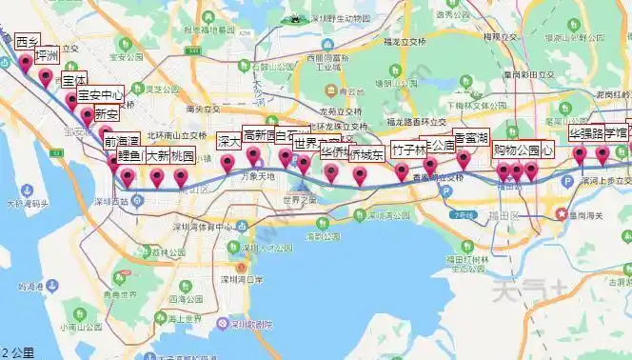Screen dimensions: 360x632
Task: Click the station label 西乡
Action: pyautogui.click(x=26, y=42)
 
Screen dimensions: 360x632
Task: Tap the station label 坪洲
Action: pyautogui.click(x=46, y=56)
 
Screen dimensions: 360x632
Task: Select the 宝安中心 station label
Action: pyautogui.click(x=100, y=95)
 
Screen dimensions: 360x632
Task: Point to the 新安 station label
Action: pyautogui.click(x=106, y=114)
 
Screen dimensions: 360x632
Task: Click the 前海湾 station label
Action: pyautogui.click(x=122, y=143)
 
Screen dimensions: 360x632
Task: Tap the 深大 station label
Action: pyautogui.click(x=227, y=141)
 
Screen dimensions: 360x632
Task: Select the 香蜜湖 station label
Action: pyautogui.click(x=471, y=137)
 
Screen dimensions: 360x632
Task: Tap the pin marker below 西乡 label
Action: pyautogui.click(x=26, y=64)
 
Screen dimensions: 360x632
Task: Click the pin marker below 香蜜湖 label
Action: pyautogui.click(x=464, y=159)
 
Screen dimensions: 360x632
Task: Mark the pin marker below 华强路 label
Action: pyautogui.click(x=580, y=155)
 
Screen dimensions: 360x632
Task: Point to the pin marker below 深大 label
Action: pyautogui.click(x=227, y=163)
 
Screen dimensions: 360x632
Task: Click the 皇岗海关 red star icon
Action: pyautogui.click(x=564, y=215)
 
